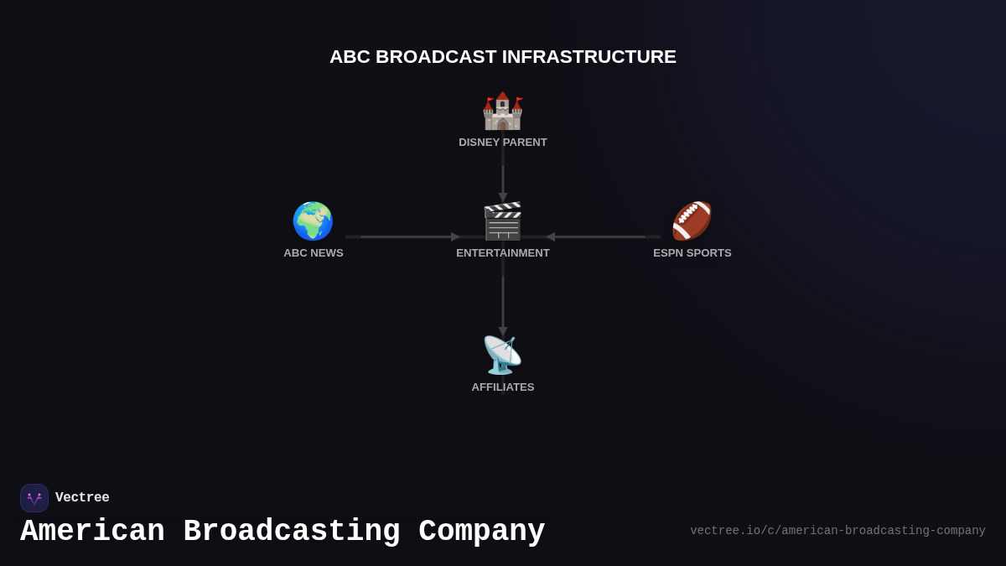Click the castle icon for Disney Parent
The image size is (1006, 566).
[x=502, y=111]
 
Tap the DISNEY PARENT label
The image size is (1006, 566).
[x=503, y=143]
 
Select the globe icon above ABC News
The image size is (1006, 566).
[x=313, y=221]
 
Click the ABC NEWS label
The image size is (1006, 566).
[x=314, y=253]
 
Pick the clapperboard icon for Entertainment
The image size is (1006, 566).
[x=503, y=221]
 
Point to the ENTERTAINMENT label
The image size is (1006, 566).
[x=503, y=253]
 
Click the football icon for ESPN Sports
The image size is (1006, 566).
[x=692, y=221]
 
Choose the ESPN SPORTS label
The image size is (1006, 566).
[x=692, y=253]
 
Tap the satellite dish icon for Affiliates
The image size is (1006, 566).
[x=502, y=355]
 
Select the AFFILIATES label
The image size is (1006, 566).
[x=503, y=387]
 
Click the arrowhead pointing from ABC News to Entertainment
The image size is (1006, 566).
[x=455, y=237]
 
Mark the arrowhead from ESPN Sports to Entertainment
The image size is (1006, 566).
[x=551, y=237]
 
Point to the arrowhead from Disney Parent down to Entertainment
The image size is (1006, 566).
[x=503, y=197]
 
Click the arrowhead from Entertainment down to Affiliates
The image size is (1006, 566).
[x=503, y=331]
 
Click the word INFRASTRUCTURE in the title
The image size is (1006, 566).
[x=589, y=57]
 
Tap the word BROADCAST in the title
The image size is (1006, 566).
[x=436, y=57]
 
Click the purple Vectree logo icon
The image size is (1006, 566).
[x=34, y=498]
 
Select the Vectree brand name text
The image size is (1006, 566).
[x=82, y=498]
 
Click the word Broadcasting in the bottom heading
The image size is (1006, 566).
[x=292, y=532]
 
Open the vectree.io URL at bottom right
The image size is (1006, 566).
[x=837, y=531]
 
